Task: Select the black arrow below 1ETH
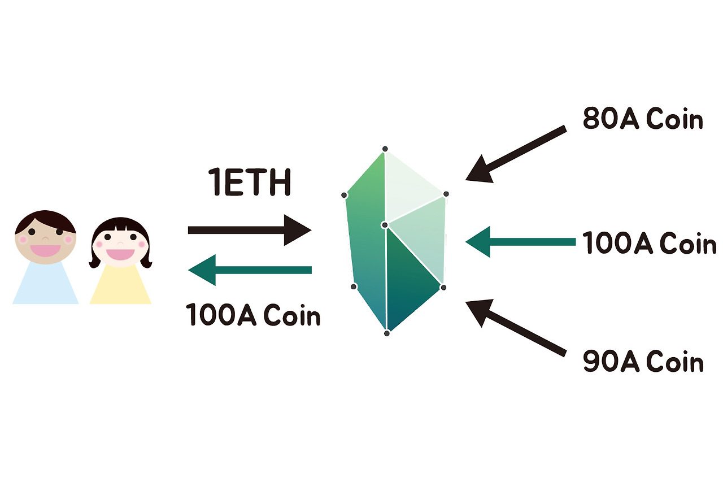click(x=249, y=230)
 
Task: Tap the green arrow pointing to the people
click(x=249, y=270)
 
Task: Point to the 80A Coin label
click(x=643, y=120)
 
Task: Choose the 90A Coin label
click(x=643, y=362)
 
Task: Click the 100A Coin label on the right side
click(x=649, y=244)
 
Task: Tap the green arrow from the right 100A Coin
click(x=520, y=242)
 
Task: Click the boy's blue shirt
click(x=46, y=285)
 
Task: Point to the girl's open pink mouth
click(x=120, y=254)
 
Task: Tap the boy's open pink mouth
click(x=45, y=249)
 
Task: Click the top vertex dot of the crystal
click(x=385, y=149)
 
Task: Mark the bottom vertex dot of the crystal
click(x=387, y=333)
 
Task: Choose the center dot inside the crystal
click(x=385, y=225)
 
